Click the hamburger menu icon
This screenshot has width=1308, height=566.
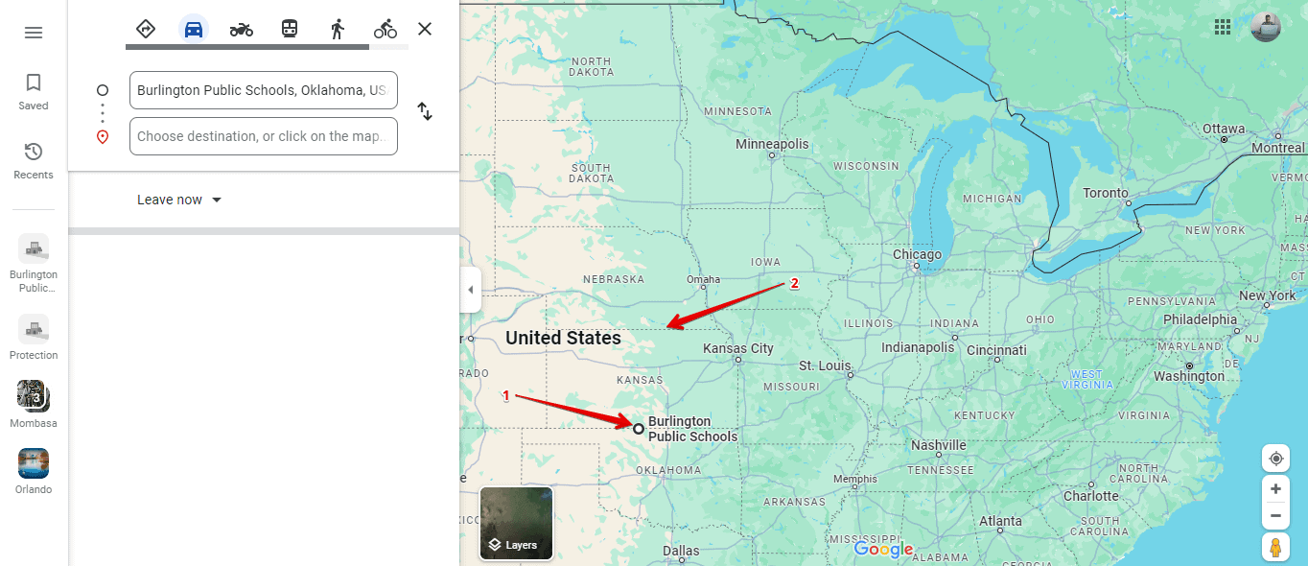pyautogui.click(x=34, y=33)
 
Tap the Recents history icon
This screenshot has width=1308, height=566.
pyautogui.click(x=34, y=153)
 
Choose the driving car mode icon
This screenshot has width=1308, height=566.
pyautogui.click(x=194, y=29)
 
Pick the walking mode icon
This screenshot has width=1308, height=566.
pyautogui.click(x=337, y=29)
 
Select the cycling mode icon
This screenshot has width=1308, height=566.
pyautogui.click(x=385, y=29)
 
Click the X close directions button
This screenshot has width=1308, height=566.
pyautogui.click(x=425, y=29)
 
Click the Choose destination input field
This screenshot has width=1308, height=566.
pyautogui.click(x=263, y=136)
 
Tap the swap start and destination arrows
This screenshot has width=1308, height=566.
pyautogui.click(x=425, y=111)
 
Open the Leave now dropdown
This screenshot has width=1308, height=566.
pyautogui.click(x=179, y=200)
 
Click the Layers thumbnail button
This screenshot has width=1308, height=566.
pyautogui.click(x=516, y=524)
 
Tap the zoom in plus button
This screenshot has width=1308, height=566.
pyautogui.click(x=1275, y=489)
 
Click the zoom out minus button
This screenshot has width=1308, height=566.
pyautogui.click(x=1275, y=516)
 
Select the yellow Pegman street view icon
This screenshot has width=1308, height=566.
pyautogui.click(x=1275, y=547)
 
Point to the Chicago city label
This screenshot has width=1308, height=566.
pyautogui.click(x=917, y=255)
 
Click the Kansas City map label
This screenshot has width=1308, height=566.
pyautogui.click(x=738, y=349)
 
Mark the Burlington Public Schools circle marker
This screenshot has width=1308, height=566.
pyautogui.click(x=639, y=428)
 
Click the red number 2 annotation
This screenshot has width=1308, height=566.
pyautogui.click(x=794, y=283)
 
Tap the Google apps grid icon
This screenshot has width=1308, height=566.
pyautogui.click(x=1223, y=27)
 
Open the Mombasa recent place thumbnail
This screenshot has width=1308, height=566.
pyautogui.click(x=34, y=395)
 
